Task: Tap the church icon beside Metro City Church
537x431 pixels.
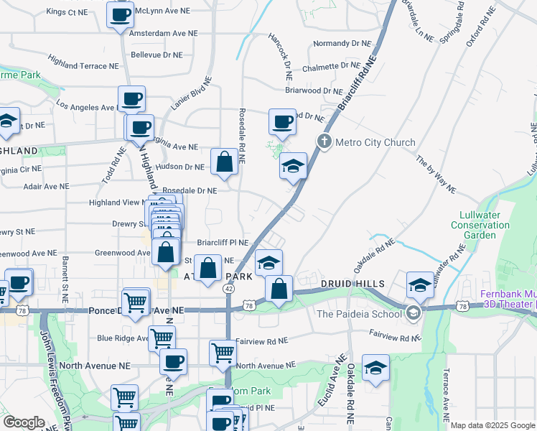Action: tap(324, 142)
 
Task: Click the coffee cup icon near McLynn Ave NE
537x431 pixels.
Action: tap(120, 14)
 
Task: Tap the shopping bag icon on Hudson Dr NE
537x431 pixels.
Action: tap(224, 163)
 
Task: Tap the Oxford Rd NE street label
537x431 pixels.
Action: tap(480, 28)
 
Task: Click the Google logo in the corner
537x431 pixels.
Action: tap(23, 422)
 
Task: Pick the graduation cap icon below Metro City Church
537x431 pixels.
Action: tap(293, 167)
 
